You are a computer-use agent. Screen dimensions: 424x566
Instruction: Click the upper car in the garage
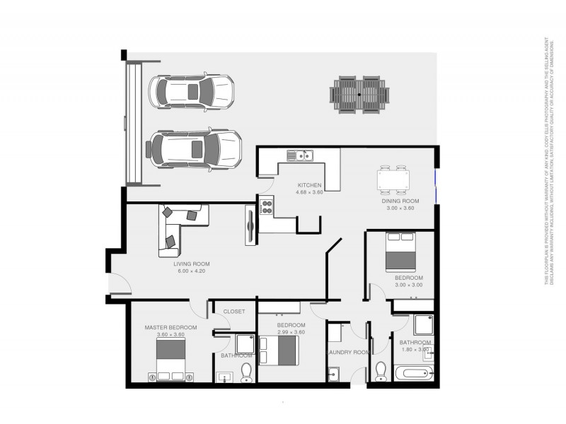[x=190, y=91]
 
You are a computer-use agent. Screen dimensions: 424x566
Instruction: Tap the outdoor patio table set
[x=359, y=94]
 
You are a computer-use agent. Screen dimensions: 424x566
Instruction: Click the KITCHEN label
[x=309, y=185]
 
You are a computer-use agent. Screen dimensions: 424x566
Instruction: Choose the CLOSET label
[x=233, y=311]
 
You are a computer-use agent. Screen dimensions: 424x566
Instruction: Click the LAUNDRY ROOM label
[x=347, y=352]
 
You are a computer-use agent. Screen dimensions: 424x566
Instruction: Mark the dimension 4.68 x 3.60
[x=309, y=192]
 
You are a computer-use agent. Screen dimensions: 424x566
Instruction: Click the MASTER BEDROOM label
[x=171, y=328]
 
